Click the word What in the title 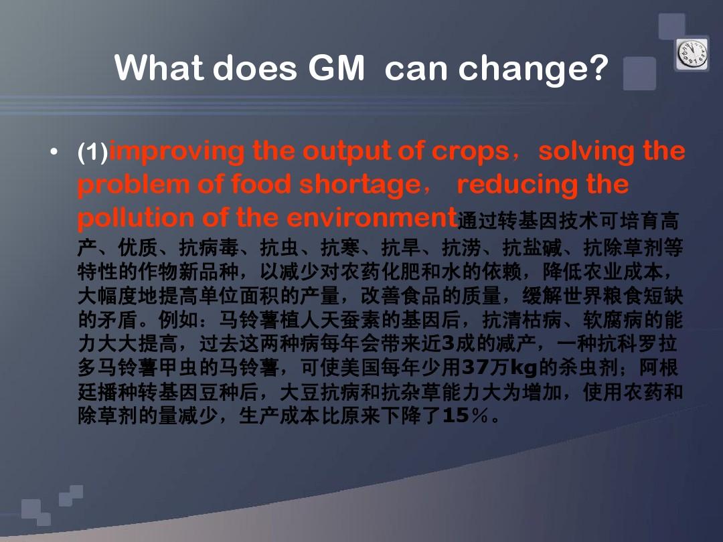159,68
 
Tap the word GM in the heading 336,68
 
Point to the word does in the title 254,68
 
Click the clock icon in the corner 692,54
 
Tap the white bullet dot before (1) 54,151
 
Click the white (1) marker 92,152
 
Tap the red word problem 133,185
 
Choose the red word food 262,184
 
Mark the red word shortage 359,185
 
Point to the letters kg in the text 524,368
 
